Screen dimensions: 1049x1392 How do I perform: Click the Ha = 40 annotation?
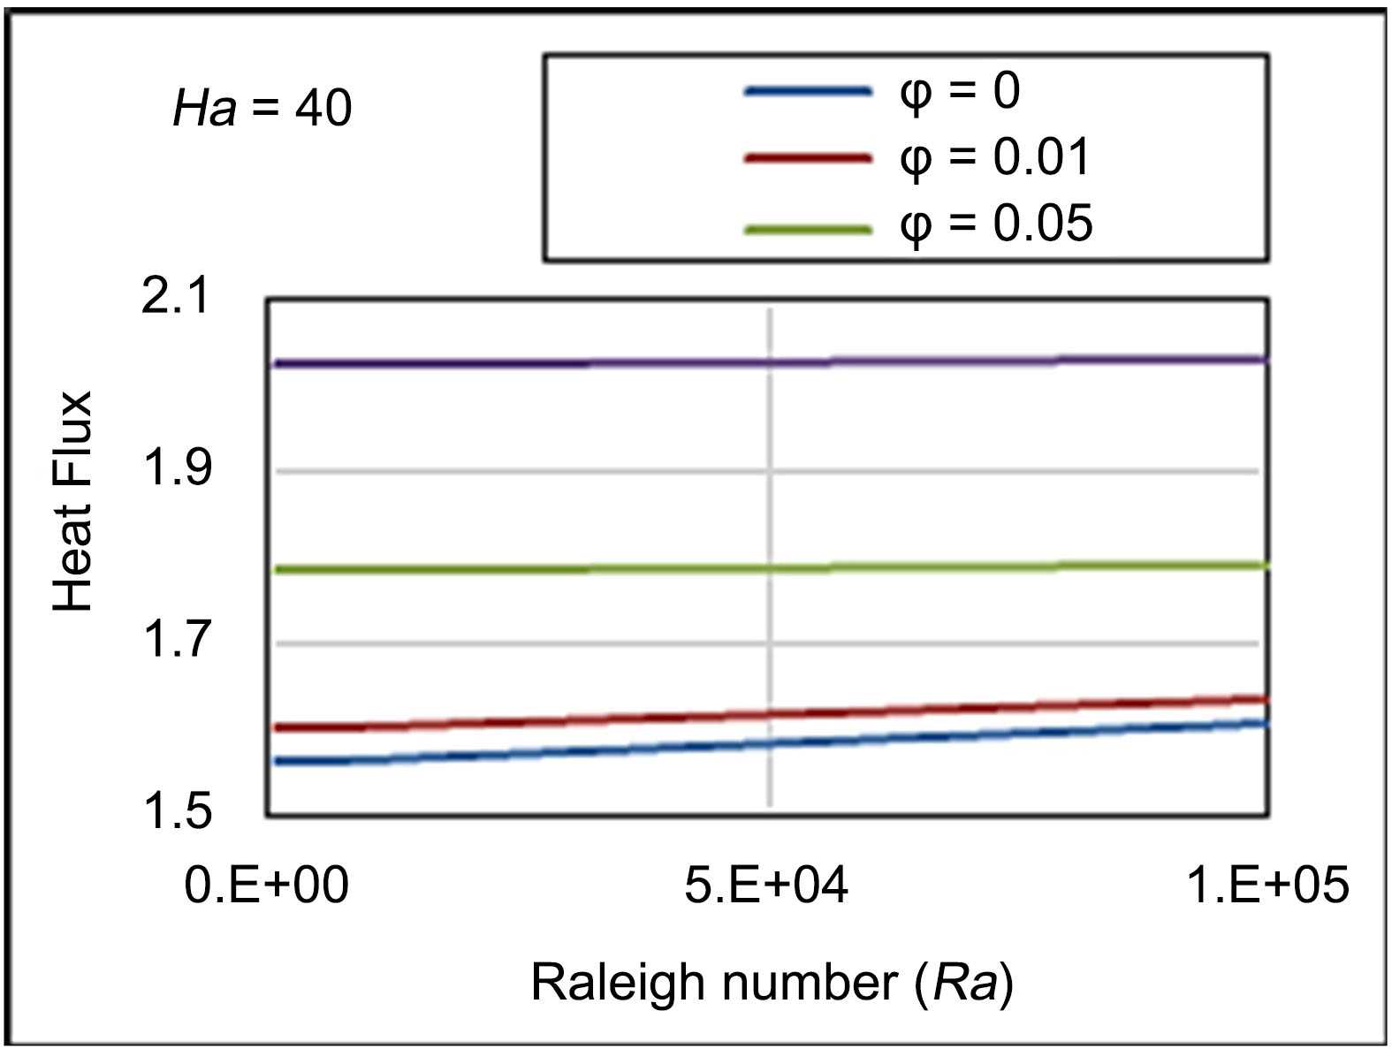[x=262, y=109]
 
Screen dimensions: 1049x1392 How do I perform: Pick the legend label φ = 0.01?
[x=995, y=157]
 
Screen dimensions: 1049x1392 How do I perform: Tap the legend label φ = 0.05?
[x=995, y=223]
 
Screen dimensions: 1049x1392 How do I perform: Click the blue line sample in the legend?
[x=808, y=91]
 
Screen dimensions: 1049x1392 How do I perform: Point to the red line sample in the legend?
[x=808, y=158]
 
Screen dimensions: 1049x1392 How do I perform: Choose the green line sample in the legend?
[x=808, y=230]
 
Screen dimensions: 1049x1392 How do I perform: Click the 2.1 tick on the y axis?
[x=177, y=295]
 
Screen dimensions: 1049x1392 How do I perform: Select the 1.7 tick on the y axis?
[x=177, y=639]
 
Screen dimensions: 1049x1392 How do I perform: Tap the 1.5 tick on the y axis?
[x=177, y=810]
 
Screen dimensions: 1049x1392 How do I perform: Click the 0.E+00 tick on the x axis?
[x=266, y=885]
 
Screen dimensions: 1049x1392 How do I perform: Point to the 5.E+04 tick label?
[x=766, y=885]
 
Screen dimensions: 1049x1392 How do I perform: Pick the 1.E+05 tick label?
[x=1267, y=885]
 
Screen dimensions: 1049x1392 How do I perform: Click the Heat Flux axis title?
[x=72, y=501]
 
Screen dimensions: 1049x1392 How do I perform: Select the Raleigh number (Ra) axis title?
[x=772, y=982]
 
